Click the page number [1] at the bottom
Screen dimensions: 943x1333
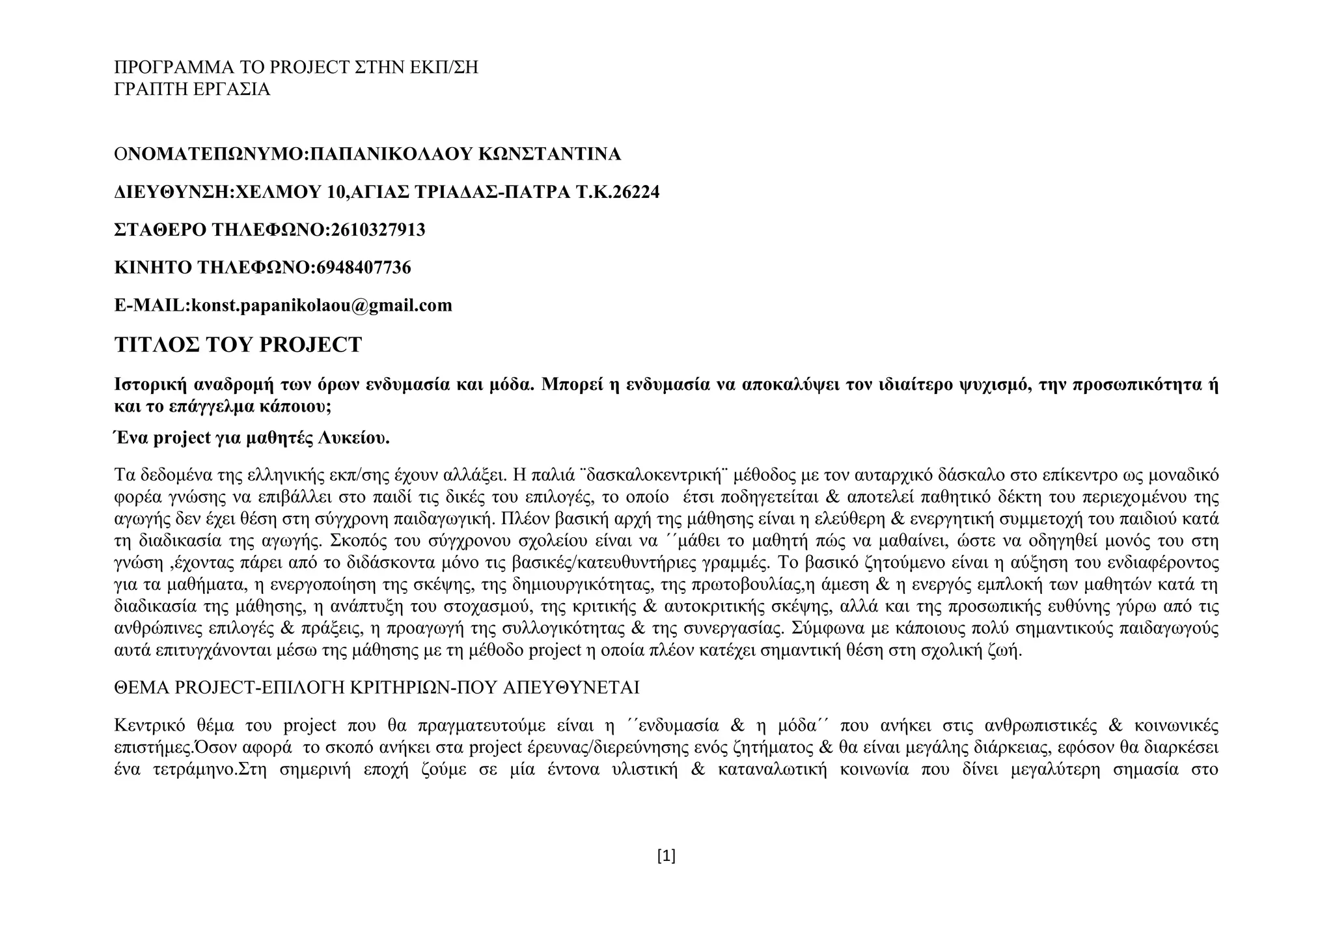(x=666, y=856)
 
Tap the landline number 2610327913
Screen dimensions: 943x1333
(x=378, y=230)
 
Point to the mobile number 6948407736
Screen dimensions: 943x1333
(x=363, y=268)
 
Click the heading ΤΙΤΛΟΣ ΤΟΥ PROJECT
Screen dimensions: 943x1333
(x=238, y=345)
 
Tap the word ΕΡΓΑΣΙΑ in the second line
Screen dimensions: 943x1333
(x=232, y=89)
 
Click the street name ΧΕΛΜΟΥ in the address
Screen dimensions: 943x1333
(x=279, y=192)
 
